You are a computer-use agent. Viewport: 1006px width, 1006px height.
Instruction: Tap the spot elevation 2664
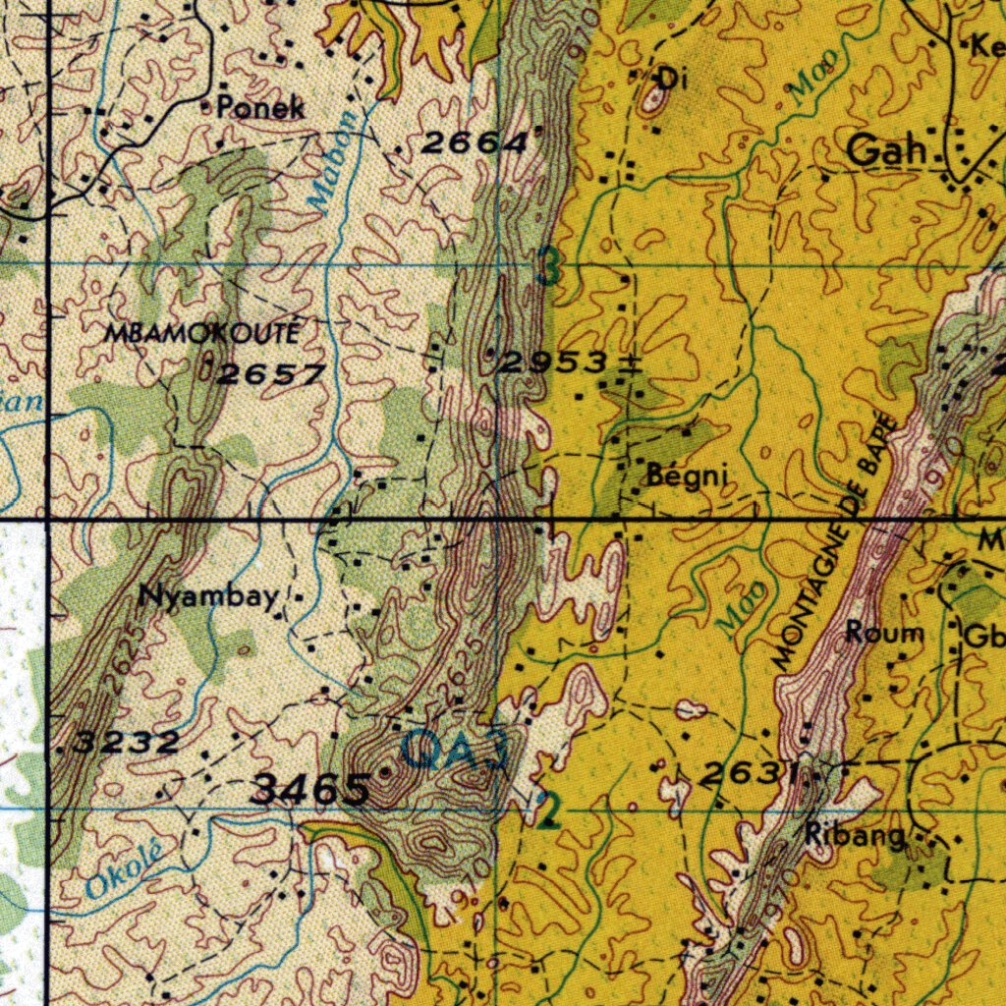pos(475,143)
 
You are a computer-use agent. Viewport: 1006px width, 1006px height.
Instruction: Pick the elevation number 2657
pos(270,374)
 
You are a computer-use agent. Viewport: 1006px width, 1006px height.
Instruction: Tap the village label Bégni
pos(688,476)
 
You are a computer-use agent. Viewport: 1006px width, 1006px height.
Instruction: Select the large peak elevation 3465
pos(310,789)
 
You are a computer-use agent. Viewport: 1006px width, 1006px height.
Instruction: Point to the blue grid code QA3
pos(455,753)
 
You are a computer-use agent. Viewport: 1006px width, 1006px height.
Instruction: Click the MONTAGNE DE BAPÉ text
pos(835,545)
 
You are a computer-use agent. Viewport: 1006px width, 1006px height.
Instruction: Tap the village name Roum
pos(884,634)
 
